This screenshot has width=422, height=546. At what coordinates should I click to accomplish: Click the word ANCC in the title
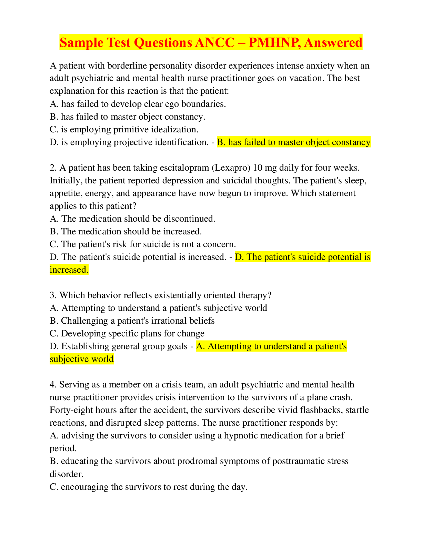pyautogui.click(x=215, y=42)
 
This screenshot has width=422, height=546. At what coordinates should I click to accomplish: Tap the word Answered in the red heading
pyautogui.click(x=333, y=42)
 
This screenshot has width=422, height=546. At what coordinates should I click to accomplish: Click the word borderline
pyautogui.click(x=128, y=65)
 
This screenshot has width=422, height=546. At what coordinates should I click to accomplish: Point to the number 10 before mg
pyautogui.click(x=258, y=168)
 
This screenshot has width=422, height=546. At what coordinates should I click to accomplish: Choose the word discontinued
pyautogui.click(x=190, y=219)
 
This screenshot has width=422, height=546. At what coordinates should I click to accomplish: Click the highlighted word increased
pyautogui.click(x=69, y=270)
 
